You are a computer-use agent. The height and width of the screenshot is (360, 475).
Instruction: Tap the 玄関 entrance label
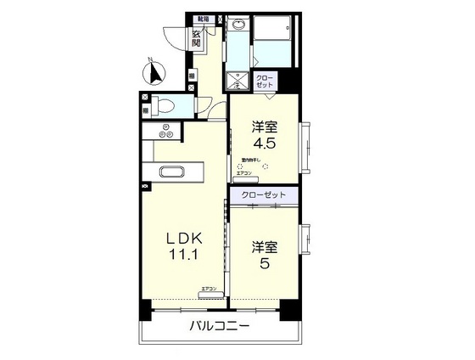coord(197,40)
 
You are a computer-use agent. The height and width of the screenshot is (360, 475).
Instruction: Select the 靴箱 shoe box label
coord(204,18)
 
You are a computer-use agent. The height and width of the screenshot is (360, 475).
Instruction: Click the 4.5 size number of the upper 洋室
coord(263,145)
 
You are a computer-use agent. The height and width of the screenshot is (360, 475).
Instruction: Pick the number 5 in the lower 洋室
coord(263,265)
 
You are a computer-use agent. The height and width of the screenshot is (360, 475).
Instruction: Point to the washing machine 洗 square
coord(237,82)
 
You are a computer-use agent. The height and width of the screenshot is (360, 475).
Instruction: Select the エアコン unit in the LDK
coord(209,291)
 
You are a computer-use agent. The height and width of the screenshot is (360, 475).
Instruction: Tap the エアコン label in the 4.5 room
coord(244,173)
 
